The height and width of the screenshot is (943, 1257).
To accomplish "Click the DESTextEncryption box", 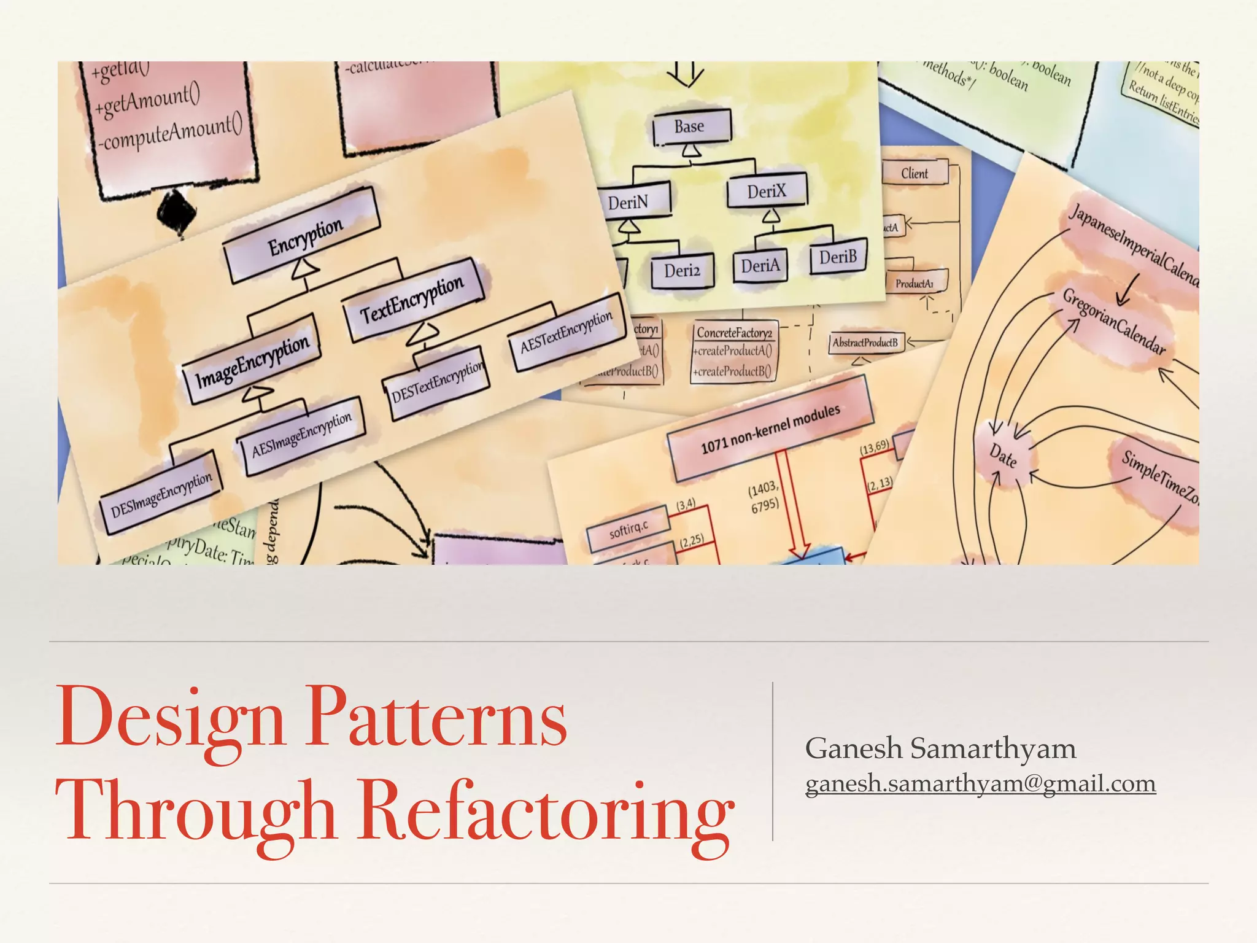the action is [x=437, y=383].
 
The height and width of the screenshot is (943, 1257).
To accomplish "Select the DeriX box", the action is [x=767, y=192].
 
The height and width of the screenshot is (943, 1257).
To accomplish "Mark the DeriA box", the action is [x=760, y=266].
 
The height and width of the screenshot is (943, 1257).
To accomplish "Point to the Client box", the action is [x=915, y=173].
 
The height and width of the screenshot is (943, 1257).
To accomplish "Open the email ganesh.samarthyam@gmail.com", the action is [x=980, y=784].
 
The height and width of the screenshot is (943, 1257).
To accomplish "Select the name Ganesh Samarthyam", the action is [x=940, y=748].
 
